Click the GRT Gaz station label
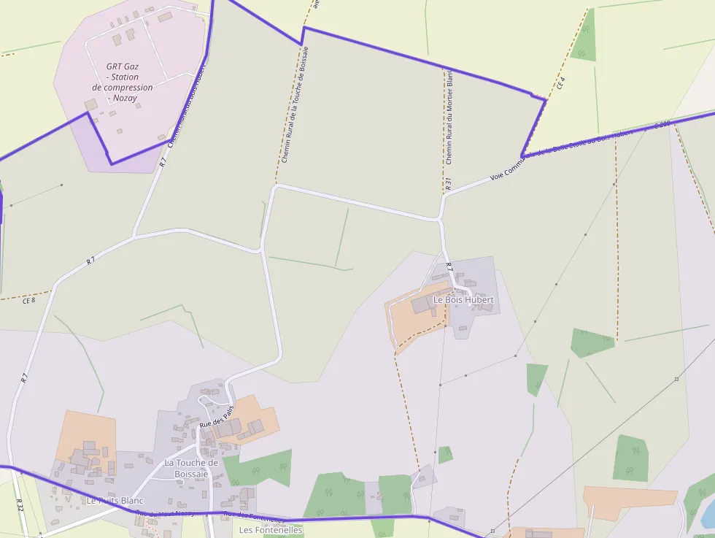click(x=122, y=82)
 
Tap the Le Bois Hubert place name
click(x=463, y=300)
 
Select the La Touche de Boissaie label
click(x=191, y=468)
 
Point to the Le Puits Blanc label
click(x=115, y=501)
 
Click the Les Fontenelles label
click(x=271, y=530)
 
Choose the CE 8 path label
click(x=29, y=300)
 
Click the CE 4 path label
click(x=560, y=82)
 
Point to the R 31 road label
click(x=448, y=184)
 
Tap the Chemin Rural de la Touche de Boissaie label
click(x=295, y=104)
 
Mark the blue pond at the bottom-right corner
click(x=708, y=514)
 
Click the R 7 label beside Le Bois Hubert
click(x=449, y=267)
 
